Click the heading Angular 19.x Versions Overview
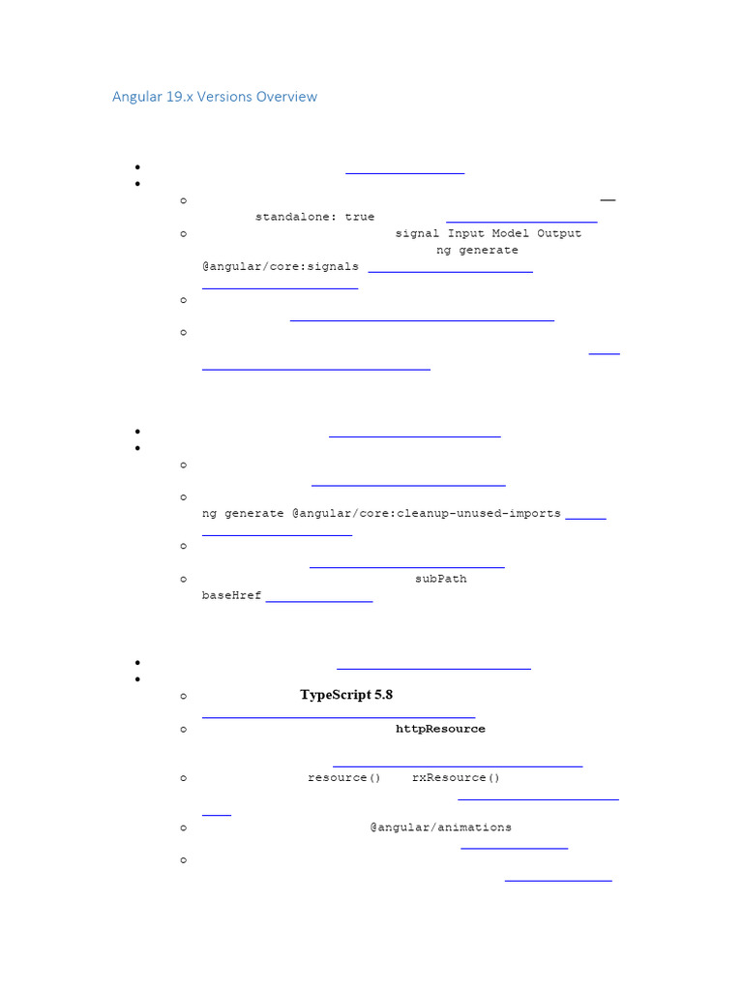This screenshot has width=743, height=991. (x=214, y=97)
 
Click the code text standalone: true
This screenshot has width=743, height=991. (x=314, y=217)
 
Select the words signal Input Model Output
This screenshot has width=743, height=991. (x=488, y=233)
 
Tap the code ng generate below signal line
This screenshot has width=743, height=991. (x=477, y=250)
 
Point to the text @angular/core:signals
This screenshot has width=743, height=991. (x=281, y=266)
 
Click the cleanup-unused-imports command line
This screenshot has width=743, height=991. (x=381, y=513)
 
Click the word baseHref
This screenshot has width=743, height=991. (x=231, y=595)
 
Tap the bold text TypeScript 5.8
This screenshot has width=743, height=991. (x=346, y=695)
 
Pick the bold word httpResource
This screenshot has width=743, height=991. (x=440, y=729)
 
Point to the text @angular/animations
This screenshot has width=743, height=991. (x=440, y=827)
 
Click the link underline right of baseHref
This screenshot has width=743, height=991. (x=319, y=602)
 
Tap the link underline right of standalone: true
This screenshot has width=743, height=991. (x=521, y=223)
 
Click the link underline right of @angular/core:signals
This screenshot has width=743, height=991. (x=451, y=272)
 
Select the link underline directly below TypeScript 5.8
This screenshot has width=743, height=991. (x=339, y=717)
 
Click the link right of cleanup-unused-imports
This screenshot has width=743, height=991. (x=585, y=519)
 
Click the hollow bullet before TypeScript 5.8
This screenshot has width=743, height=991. (x=183, y=696)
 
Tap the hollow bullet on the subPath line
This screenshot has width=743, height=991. (x=183, y=580)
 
